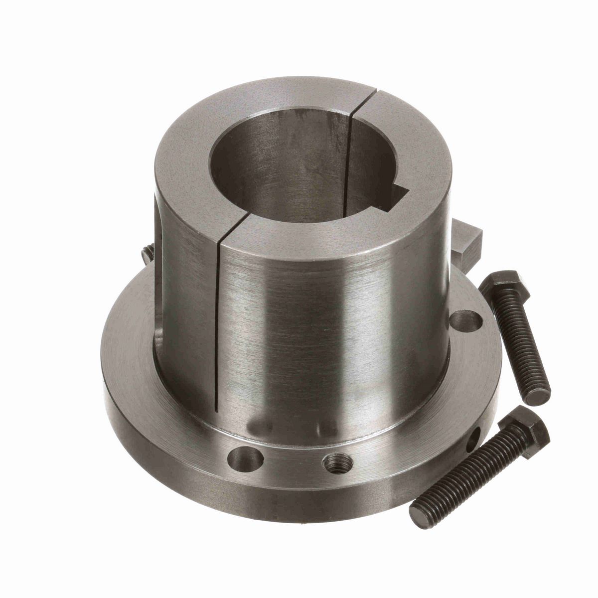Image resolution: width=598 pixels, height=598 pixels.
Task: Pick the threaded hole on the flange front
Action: coord(333,464)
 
